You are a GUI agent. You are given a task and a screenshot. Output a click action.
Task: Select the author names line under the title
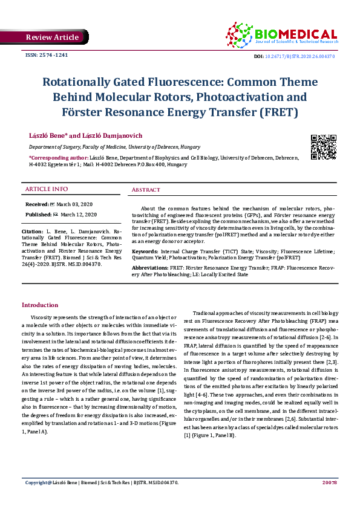pyautogui.click(x=85, y=136)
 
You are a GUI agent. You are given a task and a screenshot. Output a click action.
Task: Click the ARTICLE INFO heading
pyautogui.click(x=47, y=189)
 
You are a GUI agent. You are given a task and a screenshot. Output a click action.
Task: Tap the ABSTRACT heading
pyautogui.click(x=146, y=190)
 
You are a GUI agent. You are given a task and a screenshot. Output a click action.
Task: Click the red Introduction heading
pyautogui.click(x=40, y=305)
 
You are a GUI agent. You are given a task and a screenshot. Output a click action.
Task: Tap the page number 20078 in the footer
pyautogui.click(x=330, y=499)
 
